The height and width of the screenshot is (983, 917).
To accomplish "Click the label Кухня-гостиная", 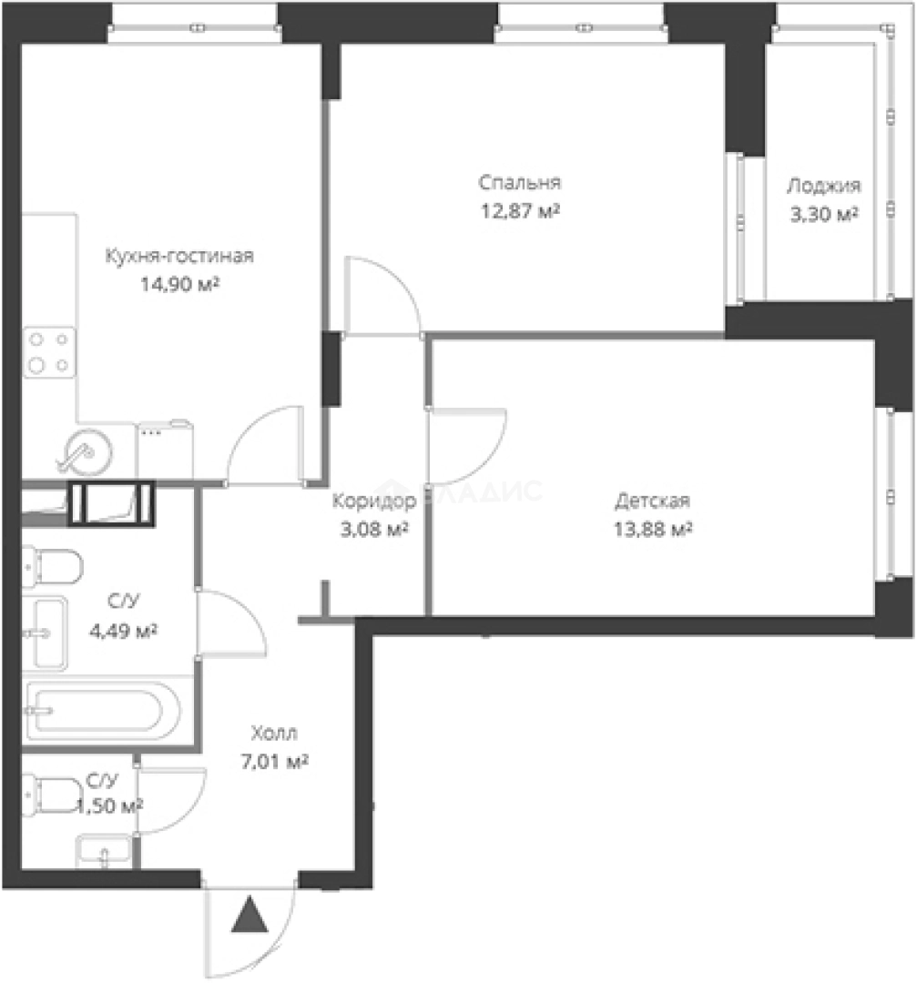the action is (179, 257).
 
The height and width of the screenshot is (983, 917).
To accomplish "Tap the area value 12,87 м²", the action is (520, 211).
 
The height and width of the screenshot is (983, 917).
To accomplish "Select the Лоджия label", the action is (823, 187).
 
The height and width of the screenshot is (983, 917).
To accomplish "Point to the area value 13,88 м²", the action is (653, 530).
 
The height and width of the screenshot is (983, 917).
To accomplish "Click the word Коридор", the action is (374, 501).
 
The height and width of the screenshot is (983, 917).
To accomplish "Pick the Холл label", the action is (274, 732).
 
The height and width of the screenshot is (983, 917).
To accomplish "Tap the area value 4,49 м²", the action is (123, 631).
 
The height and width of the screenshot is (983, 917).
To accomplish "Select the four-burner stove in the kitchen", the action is (49, 352).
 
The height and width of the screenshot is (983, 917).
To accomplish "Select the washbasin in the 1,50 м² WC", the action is (104, 851).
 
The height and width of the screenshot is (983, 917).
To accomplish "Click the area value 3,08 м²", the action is (374, 530).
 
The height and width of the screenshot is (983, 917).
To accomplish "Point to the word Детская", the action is (652, 501).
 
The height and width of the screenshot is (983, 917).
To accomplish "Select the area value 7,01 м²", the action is (274, 762).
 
